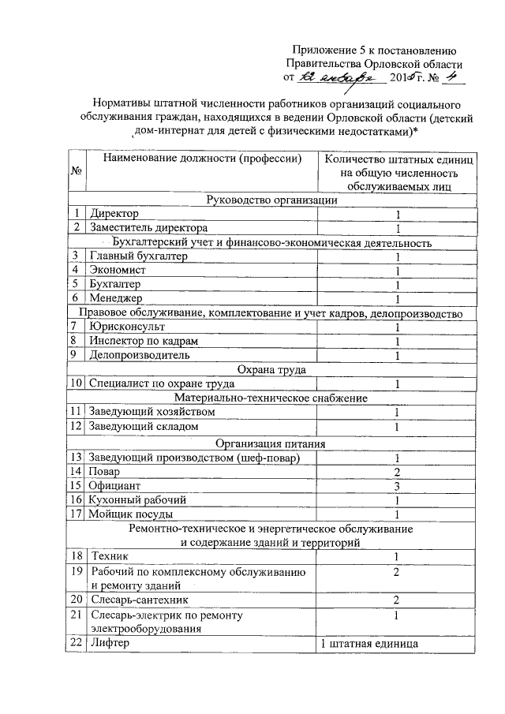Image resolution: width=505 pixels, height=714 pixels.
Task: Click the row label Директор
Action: (114, 215)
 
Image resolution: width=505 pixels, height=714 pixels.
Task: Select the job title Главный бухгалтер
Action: (139, 256)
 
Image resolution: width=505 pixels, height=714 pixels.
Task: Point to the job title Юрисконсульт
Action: (128, 327)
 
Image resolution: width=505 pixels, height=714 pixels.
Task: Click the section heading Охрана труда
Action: (271, 369)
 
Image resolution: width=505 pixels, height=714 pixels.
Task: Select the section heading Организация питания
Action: (271, 443)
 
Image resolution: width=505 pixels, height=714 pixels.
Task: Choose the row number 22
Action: (77, 644)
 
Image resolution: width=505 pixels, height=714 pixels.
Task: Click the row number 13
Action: (77, 458)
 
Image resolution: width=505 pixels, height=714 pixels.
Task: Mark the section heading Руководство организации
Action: (271, 200)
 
